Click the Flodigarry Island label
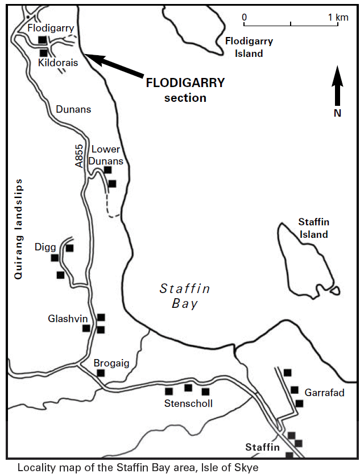[249, 47]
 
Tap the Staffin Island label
[314, 228]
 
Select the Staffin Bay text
[185, 296]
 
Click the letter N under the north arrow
[337, 113]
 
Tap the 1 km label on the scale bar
[338, 18]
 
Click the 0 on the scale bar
[245, 18]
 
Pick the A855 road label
[79, 155]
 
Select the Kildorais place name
[57, 63]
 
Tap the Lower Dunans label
[106, 154]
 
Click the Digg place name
[45, 247]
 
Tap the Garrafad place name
[324, 393]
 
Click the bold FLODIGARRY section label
[185, 89]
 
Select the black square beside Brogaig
[101, 373]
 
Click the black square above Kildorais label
[42, 39]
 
